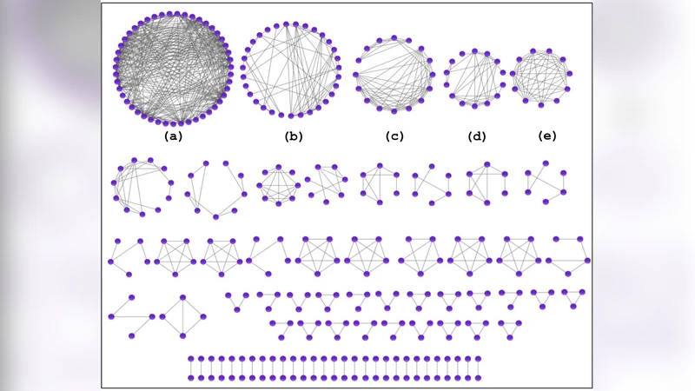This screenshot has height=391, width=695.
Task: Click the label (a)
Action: point(173,136)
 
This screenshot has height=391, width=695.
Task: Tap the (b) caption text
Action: point(294,136)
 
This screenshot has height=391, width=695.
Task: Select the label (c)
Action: point(394,136)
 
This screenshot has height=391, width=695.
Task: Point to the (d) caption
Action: point(476,136)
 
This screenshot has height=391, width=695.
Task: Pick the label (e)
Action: point(547,136)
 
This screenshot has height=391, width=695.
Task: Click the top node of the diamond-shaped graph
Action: point(183,296)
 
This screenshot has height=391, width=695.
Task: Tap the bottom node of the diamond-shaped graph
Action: point(183,336)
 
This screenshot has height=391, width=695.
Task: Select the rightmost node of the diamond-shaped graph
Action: point(203,316)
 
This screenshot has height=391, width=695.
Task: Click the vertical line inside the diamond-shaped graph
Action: point(183,316)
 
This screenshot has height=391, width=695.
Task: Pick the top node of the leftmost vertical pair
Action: point(190,358)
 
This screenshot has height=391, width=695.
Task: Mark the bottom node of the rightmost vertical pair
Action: point(479,378)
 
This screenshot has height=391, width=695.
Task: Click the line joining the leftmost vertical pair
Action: point(190,368)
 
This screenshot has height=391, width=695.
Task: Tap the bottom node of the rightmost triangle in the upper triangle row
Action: point(573,306)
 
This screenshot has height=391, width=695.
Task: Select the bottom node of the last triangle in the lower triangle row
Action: point(510,337)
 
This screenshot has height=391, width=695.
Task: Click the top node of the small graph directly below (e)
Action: point(546,162)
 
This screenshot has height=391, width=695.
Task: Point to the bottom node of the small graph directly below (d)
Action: point(486,203)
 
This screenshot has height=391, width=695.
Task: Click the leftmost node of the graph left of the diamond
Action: point(111,317)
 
